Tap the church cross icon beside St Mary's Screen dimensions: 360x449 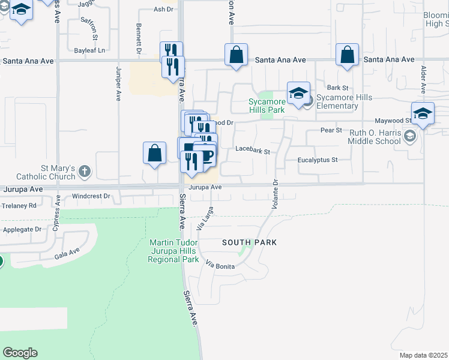click(x=85, y=172)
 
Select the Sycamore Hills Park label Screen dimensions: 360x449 click(x=267, y=106)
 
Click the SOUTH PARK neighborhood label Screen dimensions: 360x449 click(x=249, y=242)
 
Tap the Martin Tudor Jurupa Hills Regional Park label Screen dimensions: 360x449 click(x=174, y=251)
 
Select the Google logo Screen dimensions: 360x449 click(x=20, y=353)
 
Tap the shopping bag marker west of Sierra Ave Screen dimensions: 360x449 click(x=154, y=152)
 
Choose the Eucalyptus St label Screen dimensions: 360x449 click(x=318, y=160)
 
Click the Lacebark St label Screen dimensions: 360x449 click(x=253, y=149)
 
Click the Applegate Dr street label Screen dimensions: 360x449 click(x=22, y=229)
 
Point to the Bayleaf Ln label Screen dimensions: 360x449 click(x=89, y=50)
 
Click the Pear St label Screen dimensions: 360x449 click(x=331, y=130)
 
